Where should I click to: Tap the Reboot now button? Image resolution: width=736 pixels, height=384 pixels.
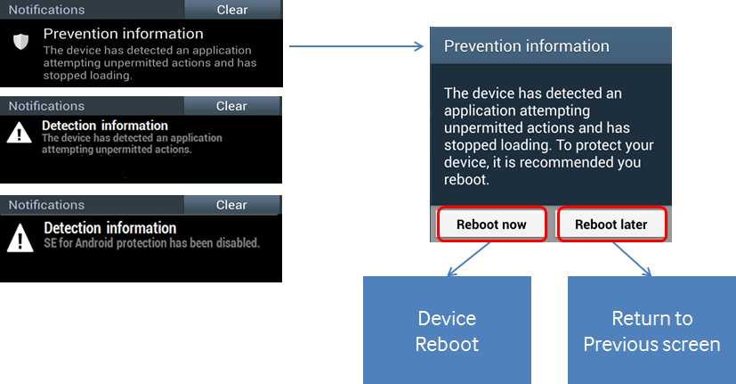click(492, 225)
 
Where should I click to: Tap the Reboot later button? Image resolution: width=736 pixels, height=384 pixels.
click(611, 225)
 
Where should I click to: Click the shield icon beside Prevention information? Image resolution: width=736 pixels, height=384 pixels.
click(20, 41)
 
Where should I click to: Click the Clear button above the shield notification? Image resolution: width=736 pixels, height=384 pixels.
click(232, 10)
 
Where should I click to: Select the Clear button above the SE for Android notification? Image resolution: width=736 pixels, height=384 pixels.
click(231, 205)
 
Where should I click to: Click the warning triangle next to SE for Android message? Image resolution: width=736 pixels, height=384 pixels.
click(20, 238)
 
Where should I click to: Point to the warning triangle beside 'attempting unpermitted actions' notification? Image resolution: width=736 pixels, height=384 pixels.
click(20, 133)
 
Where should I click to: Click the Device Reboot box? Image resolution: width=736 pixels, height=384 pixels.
click(447, 331)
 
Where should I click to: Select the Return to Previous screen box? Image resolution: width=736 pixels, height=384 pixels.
click(651, 331)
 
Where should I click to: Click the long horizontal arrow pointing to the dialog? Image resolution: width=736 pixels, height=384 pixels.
click(356, 46)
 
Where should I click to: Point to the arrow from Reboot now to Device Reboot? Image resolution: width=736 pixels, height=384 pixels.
click(468, 259)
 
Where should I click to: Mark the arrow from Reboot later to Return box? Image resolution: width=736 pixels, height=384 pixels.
click(632, 259)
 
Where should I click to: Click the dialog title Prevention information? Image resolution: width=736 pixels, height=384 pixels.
click(527, 46)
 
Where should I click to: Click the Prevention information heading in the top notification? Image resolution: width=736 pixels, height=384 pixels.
click(124, 34)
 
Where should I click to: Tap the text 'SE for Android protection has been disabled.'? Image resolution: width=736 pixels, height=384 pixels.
click(151, 243)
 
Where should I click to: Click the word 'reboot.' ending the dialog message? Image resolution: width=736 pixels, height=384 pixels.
click(466, 180)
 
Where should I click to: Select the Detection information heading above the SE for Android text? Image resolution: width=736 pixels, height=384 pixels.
click(110, 228)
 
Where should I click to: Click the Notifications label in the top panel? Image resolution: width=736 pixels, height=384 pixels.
click(46, 10)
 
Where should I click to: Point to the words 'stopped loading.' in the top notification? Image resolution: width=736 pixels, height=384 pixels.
click(88, 76)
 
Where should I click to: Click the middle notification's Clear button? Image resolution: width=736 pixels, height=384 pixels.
click(231, 106)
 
